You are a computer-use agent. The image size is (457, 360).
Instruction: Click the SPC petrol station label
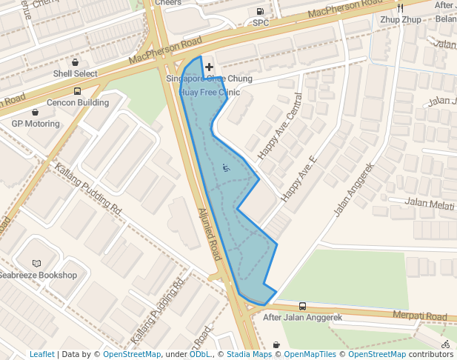tap(261, 23)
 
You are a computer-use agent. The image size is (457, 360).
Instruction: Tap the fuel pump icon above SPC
tap(260, 11)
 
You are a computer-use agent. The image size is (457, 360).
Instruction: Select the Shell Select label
tap(75, 74)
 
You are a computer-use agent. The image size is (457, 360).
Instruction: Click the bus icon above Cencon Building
tap(78, 91)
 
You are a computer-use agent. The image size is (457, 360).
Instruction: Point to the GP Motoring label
tap(35, 124)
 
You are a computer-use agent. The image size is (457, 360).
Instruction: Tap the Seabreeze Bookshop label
tap(38, 275)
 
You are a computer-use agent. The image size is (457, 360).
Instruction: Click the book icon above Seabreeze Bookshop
tap(37, 263)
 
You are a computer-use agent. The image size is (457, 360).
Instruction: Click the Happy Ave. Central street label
tap(280, 127)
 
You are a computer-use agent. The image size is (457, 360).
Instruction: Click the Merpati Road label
tap(420, 316)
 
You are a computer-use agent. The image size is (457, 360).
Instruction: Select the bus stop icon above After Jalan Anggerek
tap(302, 306)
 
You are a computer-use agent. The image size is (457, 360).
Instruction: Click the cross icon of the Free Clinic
tap(210, 67)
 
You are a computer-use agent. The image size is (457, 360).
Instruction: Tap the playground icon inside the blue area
tap(225, 167)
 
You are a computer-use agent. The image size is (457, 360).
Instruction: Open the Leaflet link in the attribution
tap(41, 354)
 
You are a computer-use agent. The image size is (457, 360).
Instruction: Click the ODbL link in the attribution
tap(200, 354)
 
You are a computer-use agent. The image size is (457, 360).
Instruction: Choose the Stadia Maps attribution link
tap(248, 354)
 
